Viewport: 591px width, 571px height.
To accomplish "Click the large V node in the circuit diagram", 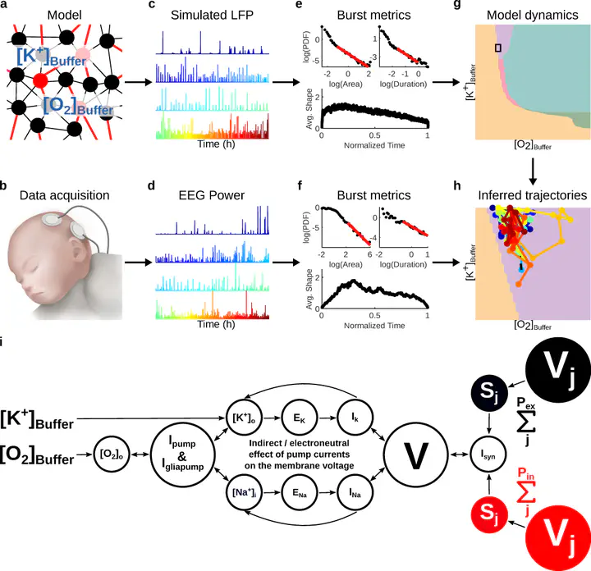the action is pos(416,455).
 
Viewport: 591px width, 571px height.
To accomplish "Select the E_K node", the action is pos(300,418).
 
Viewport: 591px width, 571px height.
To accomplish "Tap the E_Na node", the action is pos(300,493).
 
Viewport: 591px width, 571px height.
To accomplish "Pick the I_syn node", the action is pos(488,455).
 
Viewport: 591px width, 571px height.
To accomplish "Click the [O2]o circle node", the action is pos(111,455).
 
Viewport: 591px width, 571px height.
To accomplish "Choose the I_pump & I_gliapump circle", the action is pos(183,455).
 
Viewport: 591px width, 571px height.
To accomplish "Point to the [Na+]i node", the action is pos(244,493).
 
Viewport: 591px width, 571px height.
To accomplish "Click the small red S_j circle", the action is pos(489,515).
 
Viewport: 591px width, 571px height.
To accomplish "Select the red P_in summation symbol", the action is pos(526,491).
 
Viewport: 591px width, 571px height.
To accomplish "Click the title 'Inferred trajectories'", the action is pos(532,195).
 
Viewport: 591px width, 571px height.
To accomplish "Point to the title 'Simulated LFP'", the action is pos(212,15).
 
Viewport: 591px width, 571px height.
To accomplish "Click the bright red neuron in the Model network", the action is pos(39,80).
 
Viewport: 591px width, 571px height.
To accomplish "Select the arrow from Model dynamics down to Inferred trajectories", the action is pos(532,171).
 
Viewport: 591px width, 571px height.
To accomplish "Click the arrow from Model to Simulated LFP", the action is pos(139,82).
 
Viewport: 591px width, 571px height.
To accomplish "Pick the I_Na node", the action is pos(355,493).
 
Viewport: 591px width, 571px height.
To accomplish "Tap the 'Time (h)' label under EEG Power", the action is pos(216,324).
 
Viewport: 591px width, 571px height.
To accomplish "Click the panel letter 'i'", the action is pos(2,342).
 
